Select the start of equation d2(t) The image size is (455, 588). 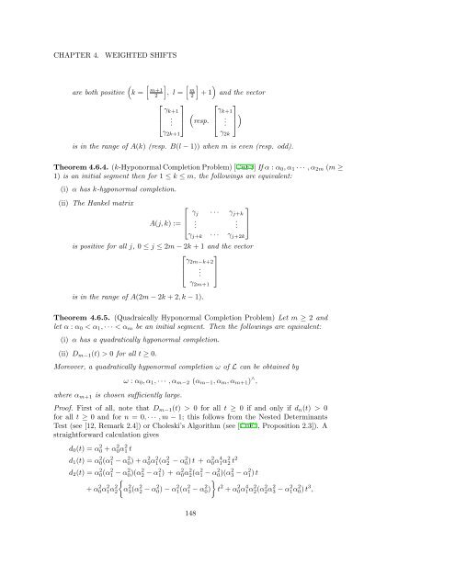(x=73, y=522)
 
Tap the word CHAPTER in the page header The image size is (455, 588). (x=78, y=40)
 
